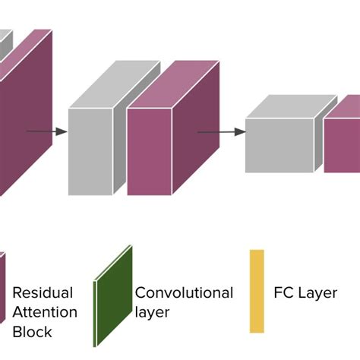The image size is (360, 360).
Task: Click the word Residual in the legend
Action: [43, 293]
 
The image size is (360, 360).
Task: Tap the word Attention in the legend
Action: [45, 312]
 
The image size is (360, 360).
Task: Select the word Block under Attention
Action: [32, 332]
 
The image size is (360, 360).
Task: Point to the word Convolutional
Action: [184, 293]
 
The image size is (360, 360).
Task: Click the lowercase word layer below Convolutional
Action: [152, 312]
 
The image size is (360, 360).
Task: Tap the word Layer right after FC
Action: [317, 293]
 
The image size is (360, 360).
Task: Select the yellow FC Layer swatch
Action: [257, 291]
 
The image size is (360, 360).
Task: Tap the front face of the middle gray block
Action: [90, 151]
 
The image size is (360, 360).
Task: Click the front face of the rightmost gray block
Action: [279, 145]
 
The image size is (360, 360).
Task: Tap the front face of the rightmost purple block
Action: [342, 145]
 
